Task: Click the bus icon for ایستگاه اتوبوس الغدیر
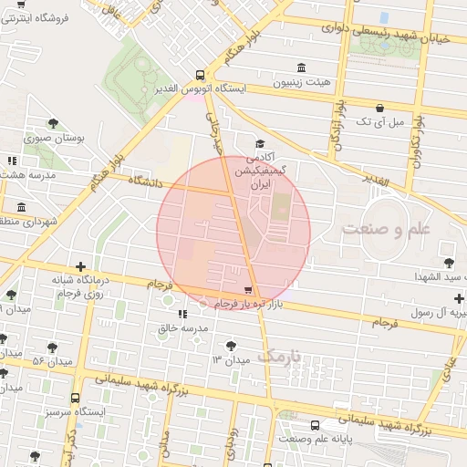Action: (200, 75)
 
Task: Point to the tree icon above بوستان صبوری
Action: (54, 123)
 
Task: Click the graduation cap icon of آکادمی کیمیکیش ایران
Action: (260, 144)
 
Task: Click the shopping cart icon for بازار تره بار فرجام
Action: (249, 289)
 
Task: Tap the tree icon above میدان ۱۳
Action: (230, 346)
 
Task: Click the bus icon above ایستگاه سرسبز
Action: (75, 398)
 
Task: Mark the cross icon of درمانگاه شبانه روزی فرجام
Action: (80, 265)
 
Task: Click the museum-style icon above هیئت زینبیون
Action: (302, 67)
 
